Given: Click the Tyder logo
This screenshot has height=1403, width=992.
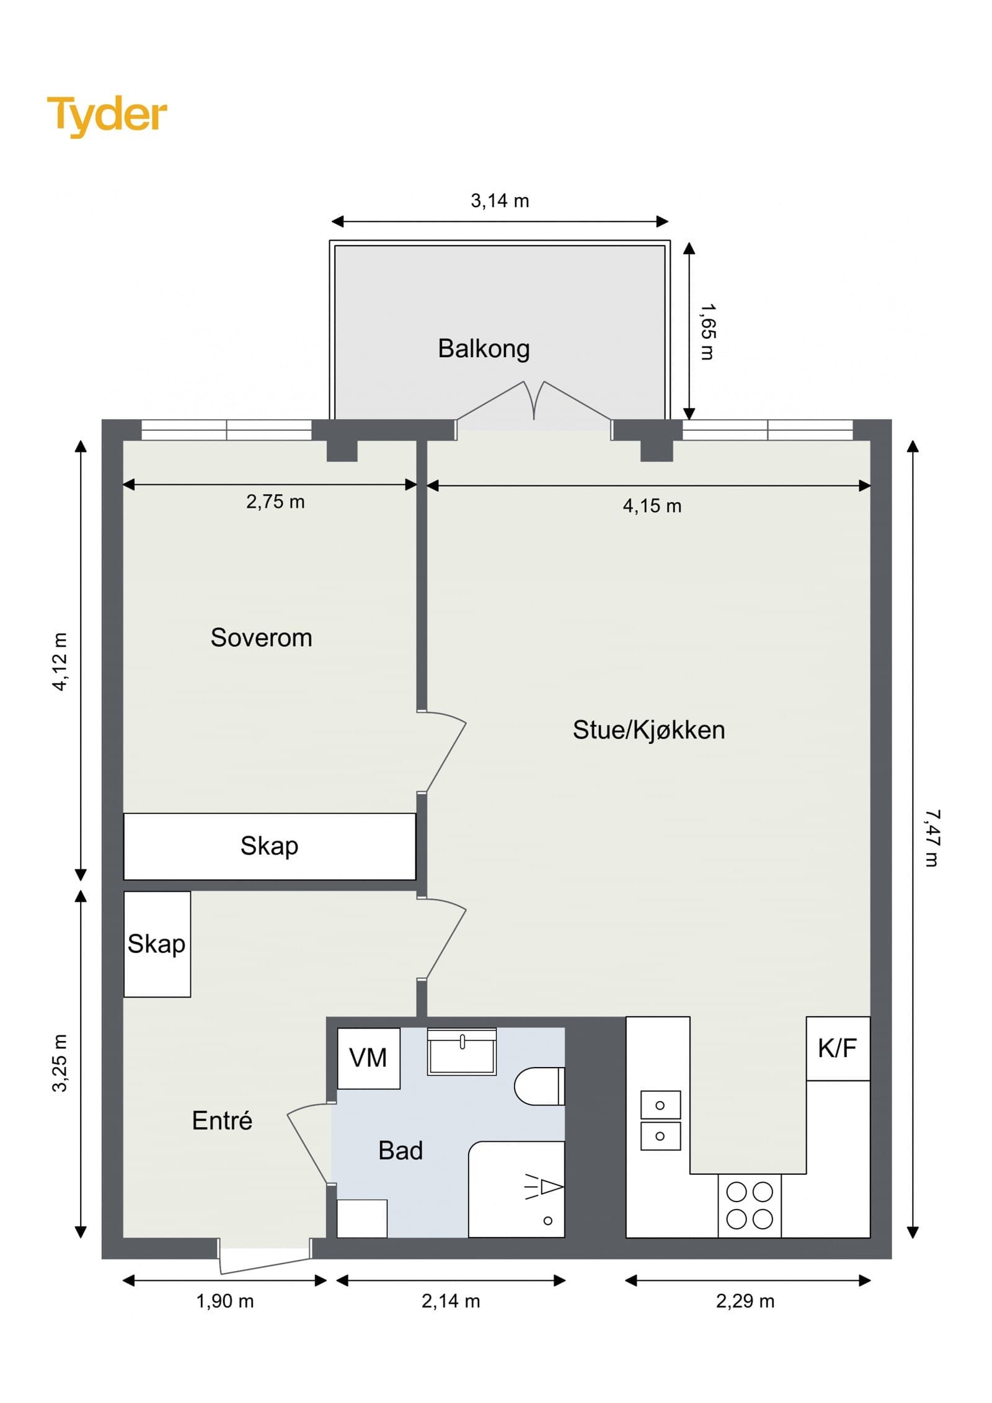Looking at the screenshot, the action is tap(107, 116).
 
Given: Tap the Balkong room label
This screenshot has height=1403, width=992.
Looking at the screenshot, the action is tap(484, 348).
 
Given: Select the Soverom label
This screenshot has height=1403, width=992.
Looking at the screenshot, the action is tap(261, 637).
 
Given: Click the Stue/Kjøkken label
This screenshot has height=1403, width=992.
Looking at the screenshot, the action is tap(649, 730).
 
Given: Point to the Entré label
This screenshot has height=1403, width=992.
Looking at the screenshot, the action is tap(222, 1120).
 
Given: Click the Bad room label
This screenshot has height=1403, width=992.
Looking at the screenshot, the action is tap(401, 1150).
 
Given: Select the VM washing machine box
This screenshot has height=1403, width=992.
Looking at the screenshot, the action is tap(368, 1058).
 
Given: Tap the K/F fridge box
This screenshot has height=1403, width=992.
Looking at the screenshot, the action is tap(838, 1048).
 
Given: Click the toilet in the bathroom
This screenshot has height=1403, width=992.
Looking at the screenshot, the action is tap(539, 1086).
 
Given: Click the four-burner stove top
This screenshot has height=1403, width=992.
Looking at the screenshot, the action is tap(750, 1205).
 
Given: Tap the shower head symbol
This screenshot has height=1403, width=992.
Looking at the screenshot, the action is tap(544, 1187).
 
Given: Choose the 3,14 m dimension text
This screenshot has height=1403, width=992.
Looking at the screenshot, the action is tap(500, 201).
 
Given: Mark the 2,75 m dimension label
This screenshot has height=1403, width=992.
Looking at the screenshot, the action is tap(275, 502).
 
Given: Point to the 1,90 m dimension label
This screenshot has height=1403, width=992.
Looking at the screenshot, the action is tap(225, 1301).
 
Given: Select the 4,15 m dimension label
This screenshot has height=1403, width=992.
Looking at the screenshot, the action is tap(652, 506).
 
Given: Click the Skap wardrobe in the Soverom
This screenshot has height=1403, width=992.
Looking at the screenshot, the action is tap(270, 846).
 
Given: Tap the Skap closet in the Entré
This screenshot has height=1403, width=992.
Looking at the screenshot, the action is tap(157, 944).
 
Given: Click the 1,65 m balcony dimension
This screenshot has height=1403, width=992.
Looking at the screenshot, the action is tap(706, 332).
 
